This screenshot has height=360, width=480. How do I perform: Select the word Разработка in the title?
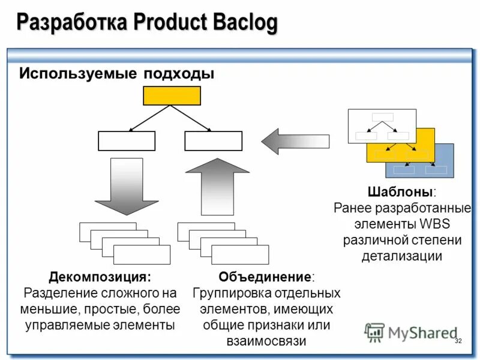pos(71,23)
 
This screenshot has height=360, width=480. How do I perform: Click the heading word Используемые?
pos(78,74)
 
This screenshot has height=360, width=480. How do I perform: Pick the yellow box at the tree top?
pos(172,95)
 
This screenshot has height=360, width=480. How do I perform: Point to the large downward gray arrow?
pos(127,186)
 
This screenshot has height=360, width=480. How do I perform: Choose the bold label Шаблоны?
pos(400,193)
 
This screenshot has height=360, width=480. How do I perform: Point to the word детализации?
pos(401,256)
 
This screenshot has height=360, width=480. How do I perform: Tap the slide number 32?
pos(458,341)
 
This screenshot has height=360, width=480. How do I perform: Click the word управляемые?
pos(62,326)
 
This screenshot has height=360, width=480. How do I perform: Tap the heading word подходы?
pos(178,74)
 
